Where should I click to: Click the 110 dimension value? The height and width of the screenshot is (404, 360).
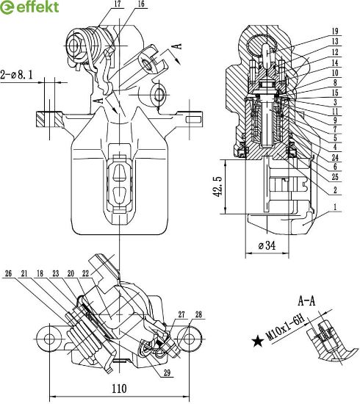pyautogui.click(x=119, y=389)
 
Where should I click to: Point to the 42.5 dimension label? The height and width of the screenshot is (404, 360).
pyautogui.click(x=218, y=187)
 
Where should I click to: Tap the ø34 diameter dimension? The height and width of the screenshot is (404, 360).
pyautogui.click(x=267, y=245)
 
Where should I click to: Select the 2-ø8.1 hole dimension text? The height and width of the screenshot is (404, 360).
pyautogui.click(x=16, y=75)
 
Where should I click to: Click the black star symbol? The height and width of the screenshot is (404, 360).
pyautogui.click(x=258, y=342)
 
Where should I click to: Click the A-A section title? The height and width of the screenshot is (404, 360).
pyautogui.click(x=306, y=300)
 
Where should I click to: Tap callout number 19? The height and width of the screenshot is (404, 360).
pyautogui.click(x=335, y=32)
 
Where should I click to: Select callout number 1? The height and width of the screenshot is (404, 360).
pyautogui.click(x=335, y=206)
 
